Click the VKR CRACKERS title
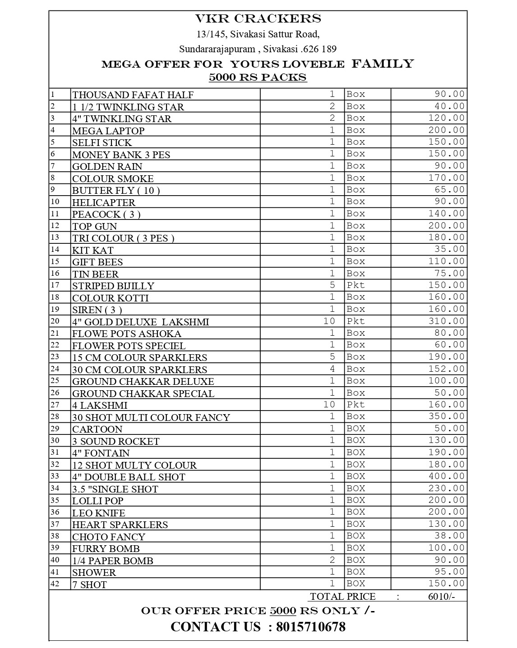[x=258, y=18]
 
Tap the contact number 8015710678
[x=310, y=626]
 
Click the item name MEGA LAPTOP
[x=108, y=131]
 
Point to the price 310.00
[x=446, y=321]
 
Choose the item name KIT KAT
[x=93, y=250]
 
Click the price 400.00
[x=446, y=476]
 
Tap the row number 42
[x=55, y=584]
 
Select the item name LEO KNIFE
[x=99, y=513]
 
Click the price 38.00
[x=449, y=535]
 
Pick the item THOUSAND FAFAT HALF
[x=133, y=95]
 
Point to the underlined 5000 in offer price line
[x=283, y=611]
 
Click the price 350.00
[x=446, y=416]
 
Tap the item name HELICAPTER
[x=104, y=202]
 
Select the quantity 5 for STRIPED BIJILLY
[x=332, y=285]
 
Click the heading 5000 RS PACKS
[x=258, y=77]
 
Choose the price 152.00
[x=446, y=369]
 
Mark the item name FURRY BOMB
[x=106, y=548]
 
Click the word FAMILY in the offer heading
[x=383, y=64]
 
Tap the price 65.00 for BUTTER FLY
[x=449, y=190]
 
